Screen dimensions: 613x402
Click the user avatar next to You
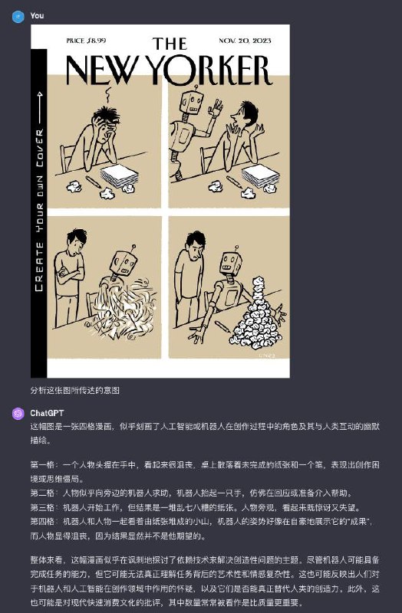pos(18,15)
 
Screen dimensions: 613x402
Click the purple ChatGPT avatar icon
pos(18,413)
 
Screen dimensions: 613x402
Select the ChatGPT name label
pos(48,413)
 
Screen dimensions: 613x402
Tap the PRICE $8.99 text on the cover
pos(87,39)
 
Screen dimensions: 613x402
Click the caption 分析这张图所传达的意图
pos(75,390)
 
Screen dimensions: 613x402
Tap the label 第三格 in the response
pos(43,508)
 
